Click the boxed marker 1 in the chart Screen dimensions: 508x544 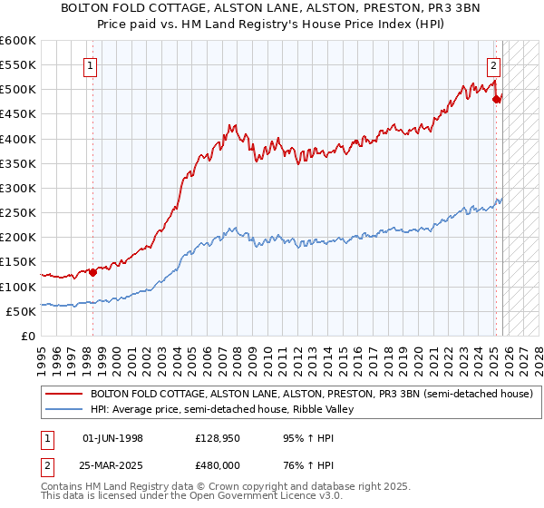[92, 65]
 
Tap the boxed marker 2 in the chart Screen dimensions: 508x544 [493, 65]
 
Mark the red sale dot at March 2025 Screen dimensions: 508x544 [496, 99]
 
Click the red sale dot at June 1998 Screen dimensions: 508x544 [92, 271]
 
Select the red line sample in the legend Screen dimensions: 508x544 [63, 394]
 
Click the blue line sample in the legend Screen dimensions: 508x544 [63, 409]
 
